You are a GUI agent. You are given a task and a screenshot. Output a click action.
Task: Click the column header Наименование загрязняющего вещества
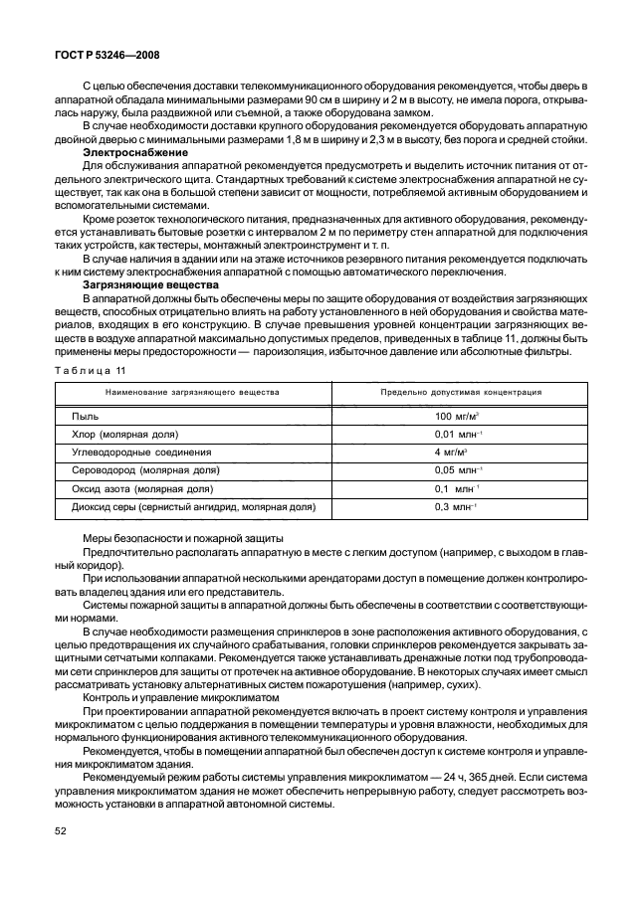193,392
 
